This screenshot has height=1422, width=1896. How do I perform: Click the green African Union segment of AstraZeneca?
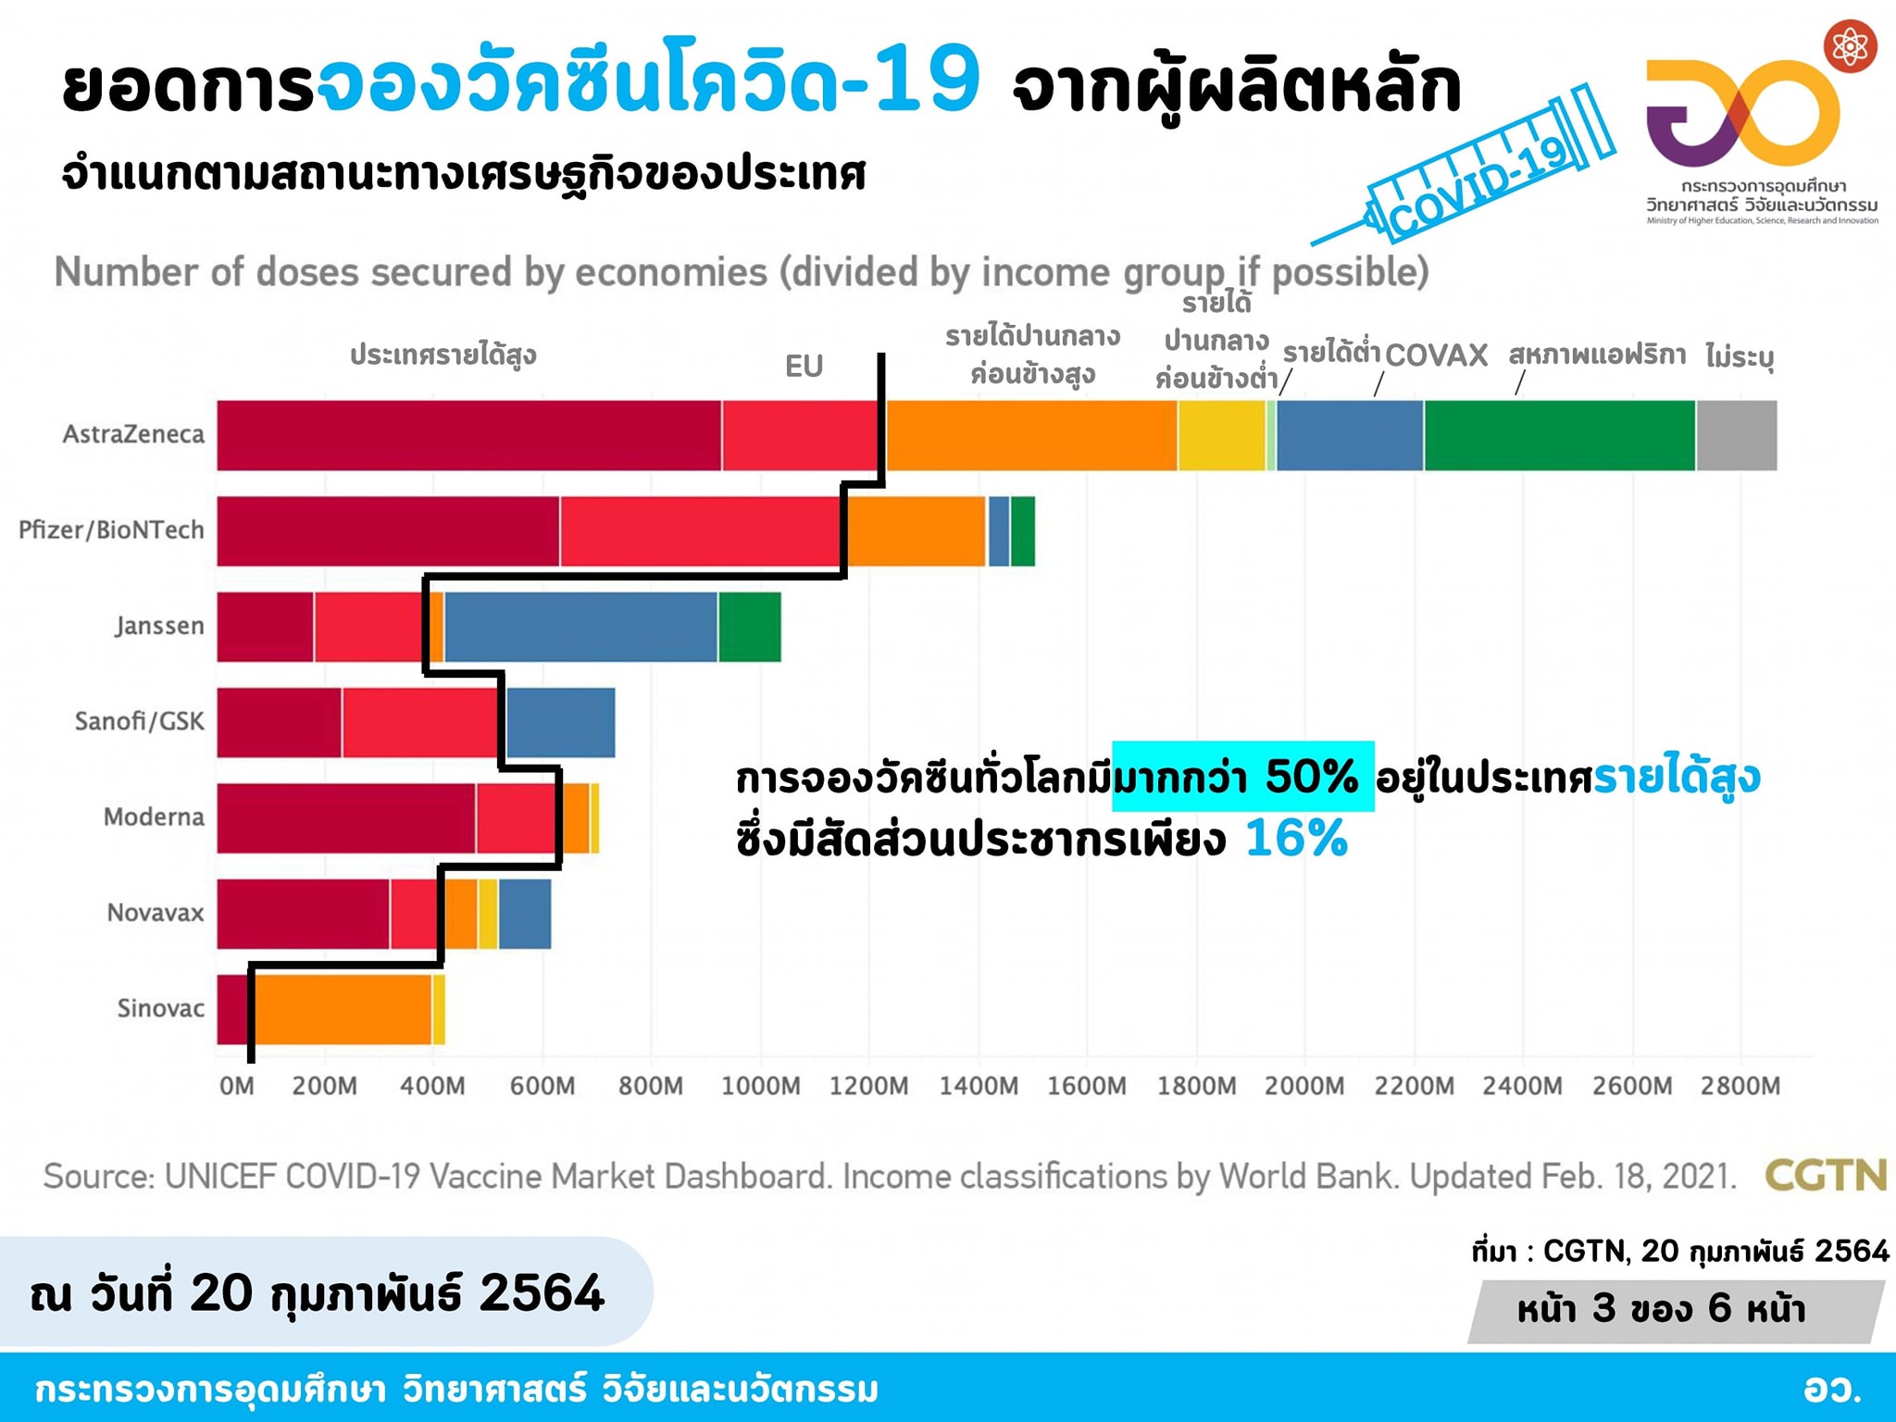1560,435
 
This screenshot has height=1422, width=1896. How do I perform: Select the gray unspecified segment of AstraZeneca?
1737,435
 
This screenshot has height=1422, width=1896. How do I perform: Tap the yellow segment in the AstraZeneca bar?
1221,435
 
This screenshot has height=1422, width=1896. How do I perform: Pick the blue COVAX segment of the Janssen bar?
580,627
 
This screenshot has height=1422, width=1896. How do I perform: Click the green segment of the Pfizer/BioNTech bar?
1023,531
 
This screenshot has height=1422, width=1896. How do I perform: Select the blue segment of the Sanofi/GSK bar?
561,722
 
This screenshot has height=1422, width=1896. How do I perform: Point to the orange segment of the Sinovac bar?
343,1009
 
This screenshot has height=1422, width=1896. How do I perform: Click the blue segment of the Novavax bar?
525,914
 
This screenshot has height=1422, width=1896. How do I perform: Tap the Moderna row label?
154,817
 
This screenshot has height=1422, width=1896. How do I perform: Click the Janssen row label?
159,627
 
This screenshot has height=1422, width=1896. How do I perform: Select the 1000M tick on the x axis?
760,1086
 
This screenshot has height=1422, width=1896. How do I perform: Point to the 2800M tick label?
1740,1086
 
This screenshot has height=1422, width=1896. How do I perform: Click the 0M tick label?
237,1086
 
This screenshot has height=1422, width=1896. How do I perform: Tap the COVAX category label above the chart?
1436,355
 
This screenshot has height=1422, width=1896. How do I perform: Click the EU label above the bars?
804,367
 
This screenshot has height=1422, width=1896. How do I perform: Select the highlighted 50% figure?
1310,777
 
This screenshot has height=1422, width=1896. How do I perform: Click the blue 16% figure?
1296,839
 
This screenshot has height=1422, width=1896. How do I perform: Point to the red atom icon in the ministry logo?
1850,45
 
